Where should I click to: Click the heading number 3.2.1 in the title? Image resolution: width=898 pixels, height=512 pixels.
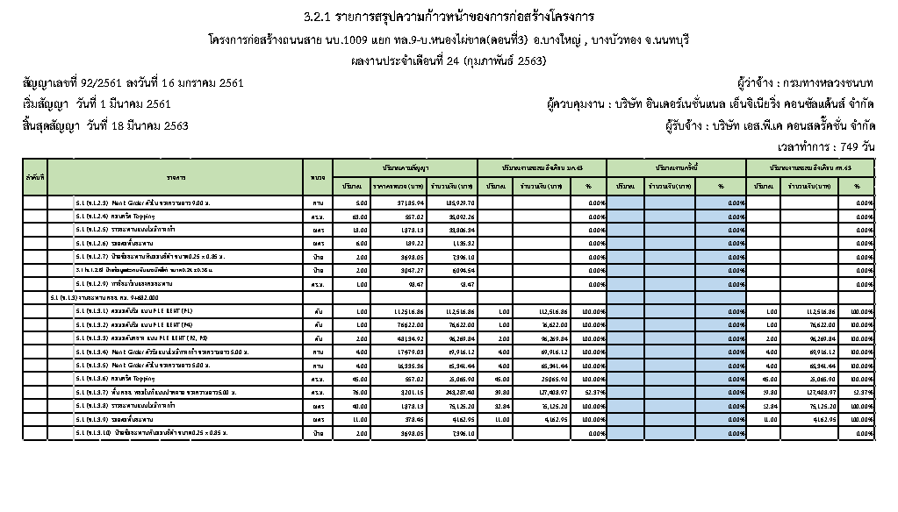coord(317,17)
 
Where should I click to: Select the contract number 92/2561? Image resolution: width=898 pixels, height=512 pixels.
coord(106,82)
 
